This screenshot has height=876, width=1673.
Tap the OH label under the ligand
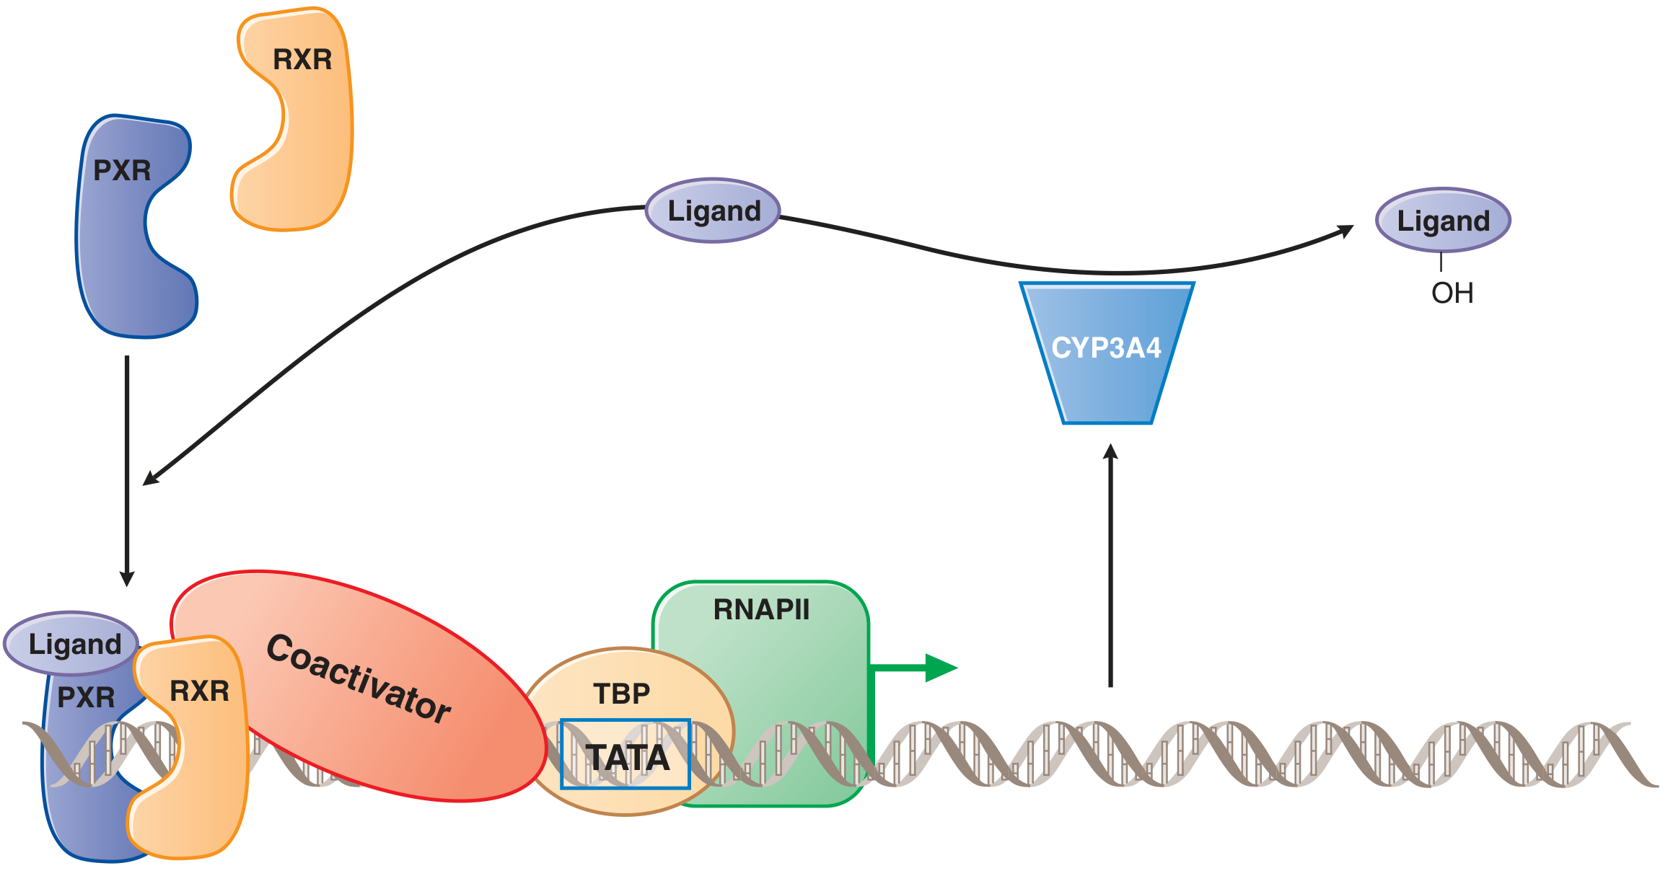pyautogui.click(x=1452, y=293)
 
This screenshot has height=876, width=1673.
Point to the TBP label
pyautogui.click(x=621, y=694)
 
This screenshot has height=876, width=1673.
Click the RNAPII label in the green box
pyautogui.click(x=761, y=610)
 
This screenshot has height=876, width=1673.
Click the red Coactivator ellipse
pyautogui.click(x=361, y=685)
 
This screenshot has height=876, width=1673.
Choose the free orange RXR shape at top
pyautogui.click(x=296, y=123)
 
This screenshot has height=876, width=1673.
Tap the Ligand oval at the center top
pyautogui.click(x=713, y=211)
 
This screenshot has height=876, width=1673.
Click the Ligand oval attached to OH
pyautogui.click(x=1443, y=221)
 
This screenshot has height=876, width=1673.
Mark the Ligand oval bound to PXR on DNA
pyautogui.click(x=72, y=643)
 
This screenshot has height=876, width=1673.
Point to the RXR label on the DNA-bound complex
pyautogui.click(x=199, y=691)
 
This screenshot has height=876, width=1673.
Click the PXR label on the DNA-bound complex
pyautogui.click(x=86, y=697)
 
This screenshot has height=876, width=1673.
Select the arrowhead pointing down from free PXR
pyautogui.click(x=127, y=579)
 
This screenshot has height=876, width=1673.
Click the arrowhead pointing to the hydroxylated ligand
pyautogui.click(x=1345, y=231)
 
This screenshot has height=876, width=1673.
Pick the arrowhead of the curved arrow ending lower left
pyautogui.click(x=149, y=478)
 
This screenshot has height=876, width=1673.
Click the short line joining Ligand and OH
pyautogui.click(x=1441, y=262)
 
